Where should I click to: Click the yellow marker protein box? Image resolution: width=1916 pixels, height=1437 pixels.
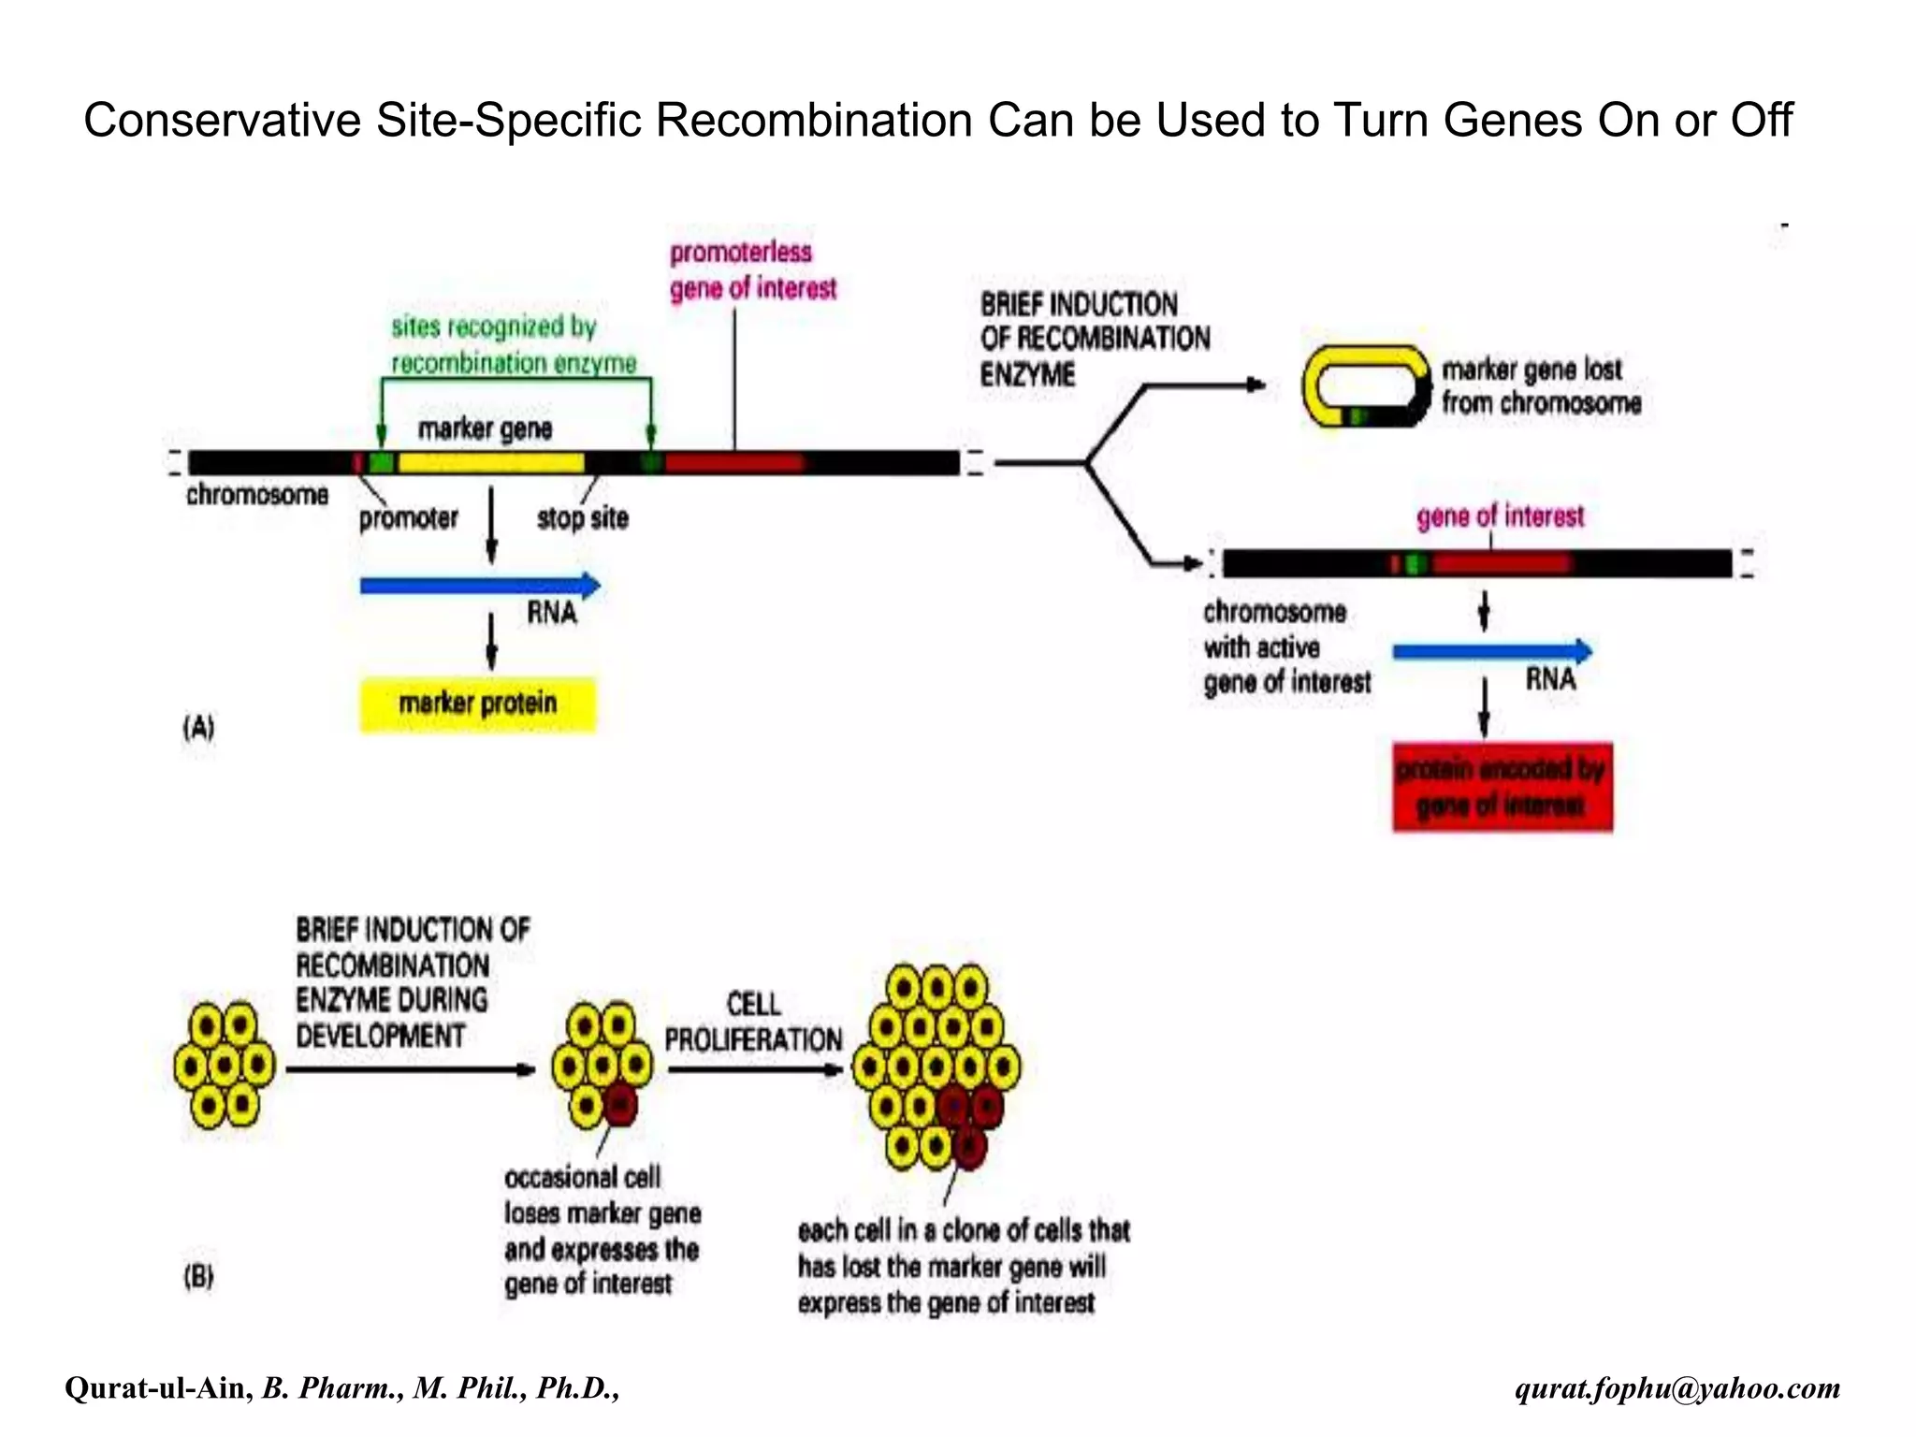point(477,704)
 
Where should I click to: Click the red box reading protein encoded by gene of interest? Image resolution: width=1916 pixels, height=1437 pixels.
point(1502,787)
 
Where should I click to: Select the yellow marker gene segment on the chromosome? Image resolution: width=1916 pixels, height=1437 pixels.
point(490,462)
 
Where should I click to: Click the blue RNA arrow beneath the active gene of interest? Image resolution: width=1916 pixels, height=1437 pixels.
point(1491,651)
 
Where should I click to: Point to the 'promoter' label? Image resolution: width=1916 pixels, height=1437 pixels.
point(408,518)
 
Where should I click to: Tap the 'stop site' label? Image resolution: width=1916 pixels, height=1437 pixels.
point(582,518)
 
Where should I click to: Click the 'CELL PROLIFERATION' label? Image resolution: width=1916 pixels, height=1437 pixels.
point(753,1022)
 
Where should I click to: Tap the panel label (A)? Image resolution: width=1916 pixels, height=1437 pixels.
point(198,727)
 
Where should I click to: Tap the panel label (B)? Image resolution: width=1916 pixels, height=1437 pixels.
point(198,1276)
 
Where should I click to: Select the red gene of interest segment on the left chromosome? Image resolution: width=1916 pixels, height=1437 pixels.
point(734,462)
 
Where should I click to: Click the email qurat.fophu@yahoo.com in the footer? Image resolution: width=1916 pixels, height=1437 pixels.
point(1676,1387)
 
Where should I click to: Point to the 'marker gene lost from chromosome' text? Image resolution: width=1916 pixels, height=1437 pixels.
point(1540,386)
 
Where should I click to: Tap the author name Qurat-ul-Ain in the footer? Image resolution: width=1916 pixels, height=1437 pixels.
point(158,1387)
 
